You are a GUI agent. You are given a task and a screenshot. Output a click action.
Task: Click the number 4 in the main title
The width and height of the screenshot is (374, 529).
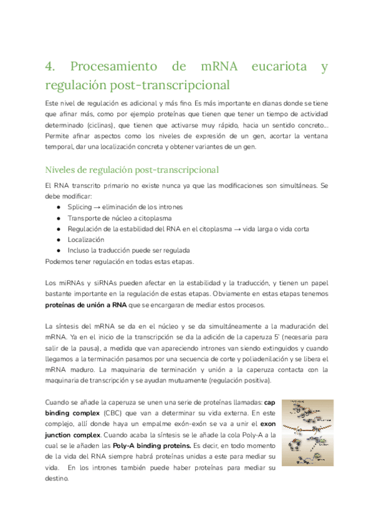[50, 67]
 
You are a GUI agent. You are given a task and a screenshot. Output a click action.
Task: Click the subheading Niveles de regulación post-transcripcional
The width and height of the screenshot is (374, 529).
[132, 170]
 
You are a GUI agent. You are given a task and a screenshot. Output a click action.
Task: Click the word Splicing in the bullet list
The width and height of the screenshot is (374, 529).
[79, 206]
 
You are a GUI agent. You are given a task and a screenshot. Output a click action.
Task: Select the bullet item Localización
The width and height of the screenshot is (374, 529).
[85, 240]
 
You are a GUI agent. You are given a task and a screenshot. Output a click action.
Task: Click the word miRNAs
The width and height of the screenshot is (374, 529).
[73, 283]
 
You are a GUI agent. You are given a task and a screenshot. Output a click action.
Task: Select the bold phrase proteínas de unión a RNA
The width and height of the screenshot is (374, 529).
[85, 305]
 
